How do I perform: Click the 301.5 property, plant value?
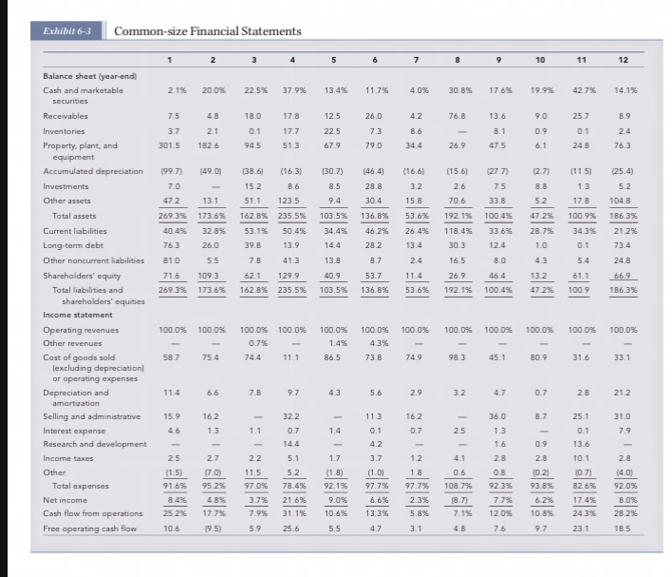tap(169, 145)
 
